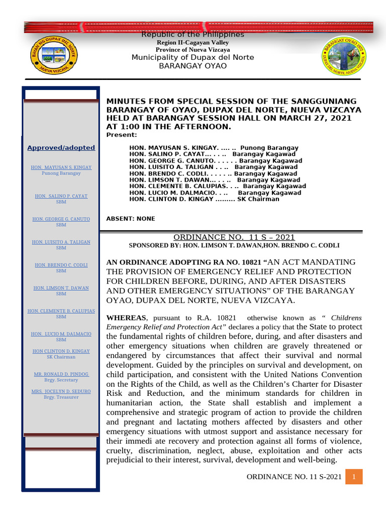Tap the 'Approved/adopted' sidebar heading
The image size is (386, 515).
pyautogui.click(x=61, y=147)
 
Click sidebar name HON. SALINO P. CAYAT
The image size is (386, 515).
pyautogui.click(x=61, y=196)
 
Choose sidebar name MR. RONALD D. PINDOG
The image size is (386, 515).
pyautogui.click(x=61, y=375)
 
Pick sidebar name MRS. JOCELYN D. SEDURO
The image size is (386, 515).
pyautogui.click(x=61, y=391)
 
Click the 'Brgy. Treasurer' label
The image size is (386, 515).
pyautogui.click(x=61, y=397)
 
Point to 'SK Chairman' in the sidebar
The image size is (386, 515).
pyautogui.click(x=61, y=357)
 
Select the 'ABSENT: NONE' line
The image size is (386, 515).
pyautogui.click(x=131, y=219)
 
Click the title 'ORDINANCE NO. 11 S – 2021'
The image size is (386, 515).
pyautogui.click(x=234, y=237)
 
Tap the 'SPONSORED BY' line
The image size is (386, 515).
pyautogui.click(x=234, y=245)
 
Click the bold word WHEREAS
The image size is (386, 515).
pyautogui.click(x=125, y=318)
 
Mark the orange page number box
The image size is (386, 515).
pyautogui.click(x=354, y=476)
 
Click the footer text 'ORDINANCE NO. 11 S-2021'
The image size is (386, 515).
pyautogui.click(x=295, y=476)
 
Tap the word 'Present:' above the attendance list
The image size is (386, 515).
pyautogui.click(x=122, y=135)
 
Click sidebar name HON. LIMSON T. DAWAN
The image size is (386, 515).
pyautogui.click(x=61, y=288)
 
